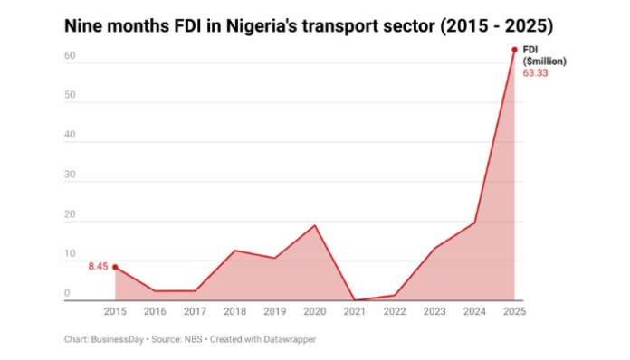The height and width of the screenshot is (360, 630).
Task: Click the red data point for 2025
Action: pyautogui.click(x=514, y=50)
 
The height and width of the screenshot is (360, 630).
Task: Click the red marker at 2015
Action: pyautogui.click(x=115, y=267)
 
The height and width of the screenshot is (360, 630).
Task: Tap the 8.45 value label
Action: pyautogui.click(x=98, y=266)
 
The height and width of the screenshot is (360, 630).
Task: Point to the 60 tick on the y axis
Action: pyautogui.click(x=69, y=57)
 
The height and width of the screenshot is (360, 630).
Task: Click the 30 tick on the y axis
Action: pyautogui.click(x=69, y=176)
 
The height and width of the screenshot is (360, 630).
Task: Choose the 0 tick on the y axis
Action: pyautogui.click(x=67, y=294)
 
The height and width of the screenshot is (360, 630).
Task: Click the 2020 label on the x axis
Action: pyautogui.click(x=314, y=311)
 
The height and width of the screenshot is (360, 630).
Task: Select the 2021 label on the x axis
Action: pyautogui.click(x=355, y=311)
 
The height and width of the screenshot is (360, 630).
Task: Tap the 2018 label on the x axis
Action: pyautogui.click(x=234, y=311)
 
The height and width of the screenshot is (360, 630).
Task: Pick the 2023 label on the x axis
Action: pyautogui.click(x=434, y=311)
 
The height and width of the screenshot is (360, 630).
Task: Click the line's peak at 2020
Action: pyautogui.click(x=314, y=225)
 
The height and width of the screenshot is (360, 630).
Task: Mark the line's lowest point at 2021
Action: pyautogui.click(x=355, y=299)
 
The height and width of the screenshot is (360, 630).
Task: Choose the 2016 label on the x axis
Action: pyautogui.click(x=155, y=311)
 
